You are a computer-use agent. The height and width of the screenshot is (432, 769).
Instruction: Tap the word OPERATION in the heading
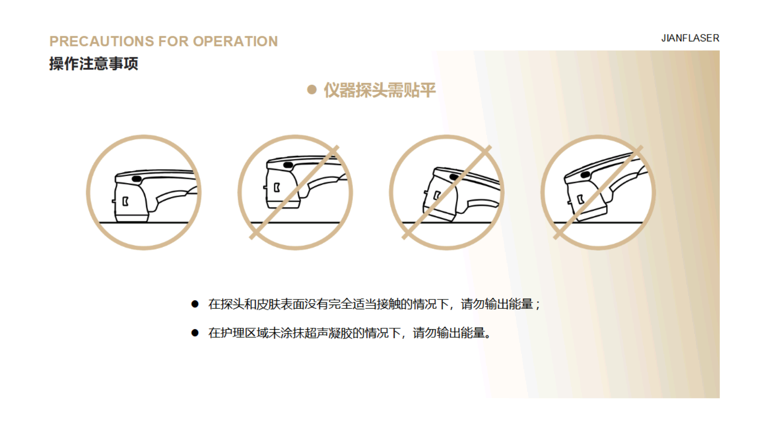coord(235,41)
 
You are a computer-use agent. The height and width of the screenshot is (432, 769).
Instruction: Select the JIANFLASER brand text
coord(690,38)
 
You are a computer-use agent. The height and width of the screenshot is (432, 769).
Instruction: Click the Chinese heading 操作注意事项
coord(94,64)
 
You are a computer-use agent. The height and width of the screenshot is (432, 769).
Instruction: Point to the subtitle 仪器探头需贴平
coord(380,90)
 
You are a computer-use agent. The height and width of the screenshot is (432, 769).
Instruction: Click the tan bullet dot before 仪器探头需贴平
coord(312,90)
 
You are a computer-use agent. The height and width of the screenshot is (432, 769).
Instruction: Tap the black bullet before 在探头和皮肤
coord(195,304)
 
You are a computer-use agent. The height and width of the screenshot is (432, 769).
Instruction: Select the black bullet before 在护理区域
coord(195,333)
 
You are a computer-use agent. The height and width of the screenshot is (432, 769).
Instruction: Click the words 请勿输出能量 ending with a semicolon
coord(497,304)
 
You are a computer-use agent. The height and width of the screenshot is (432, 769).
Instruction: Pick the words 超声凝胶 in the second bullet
coord(328,333)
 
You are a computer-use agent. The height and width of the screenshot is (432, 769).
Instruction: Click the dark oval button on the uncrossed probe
coord(137,179)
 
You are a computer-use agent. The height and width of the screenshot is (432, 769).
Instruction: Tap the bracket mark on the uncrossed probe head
coord(125,201)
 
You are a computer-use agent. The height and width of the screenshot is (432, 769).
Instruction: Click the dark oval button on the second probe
coord(288,165)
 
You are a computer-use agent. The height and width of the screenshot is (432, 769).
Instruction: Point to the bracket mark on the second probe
coord(277,188)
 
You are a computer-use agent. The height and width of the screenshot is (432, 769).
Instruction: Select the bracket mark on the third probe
coord(437,196)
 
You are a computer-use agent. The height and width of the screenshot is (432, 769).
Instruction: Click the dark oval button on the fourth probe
coord(585,175)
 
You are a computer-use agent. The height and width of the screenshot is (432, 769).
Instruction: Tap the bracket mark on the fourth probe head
coord(580,199)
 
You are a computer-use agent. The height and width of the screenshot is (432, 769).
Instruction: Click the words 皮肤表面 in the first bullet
coord(280,304)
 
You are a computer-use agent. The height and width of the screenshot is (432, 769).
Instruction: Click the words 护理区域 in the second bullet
coord(244,333)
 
